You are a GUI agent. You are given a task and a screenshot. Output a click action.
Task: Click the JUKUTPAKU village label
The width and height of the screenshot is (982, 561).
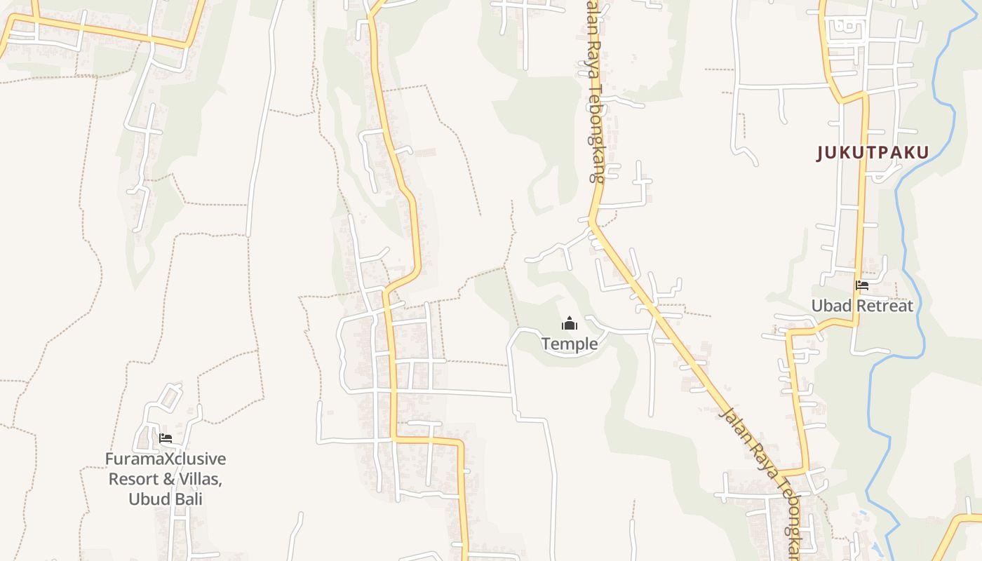point(873,153)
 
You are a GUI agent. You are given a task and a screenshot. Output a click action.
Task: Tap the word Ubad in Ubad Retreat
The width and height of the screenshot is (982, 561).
point(831,306)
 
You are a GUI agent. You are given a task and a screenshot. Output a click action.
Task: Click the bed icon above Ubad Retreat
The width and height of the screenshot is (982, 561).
point(862,285)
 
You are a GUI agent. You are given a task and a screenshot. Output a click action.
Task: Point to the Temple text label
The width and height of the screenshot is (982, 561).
point(570,344)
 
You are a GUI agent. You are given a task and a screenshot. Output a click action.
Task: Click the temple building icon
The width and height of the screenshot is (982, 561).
point(569,323)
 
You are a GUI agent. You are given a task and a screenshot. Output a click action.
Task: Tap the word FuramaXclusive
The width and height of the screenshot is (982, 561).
point(166,459)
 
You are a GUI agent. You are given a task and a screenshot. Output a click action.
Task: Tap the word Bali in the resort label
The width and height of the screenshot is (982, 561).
point(187,499)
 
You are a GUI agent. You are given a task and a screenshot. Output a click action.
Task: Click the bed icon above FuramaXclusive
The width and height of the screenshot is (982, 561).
point(166,438)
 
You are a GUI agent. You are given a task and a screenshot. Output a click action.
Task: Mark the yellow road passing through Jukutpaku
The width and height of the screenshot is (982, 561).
point(861,210)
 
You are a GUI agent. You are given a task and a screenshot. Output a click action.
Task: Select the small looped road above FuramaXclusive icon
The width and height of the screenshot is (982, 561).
point(168,397)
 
